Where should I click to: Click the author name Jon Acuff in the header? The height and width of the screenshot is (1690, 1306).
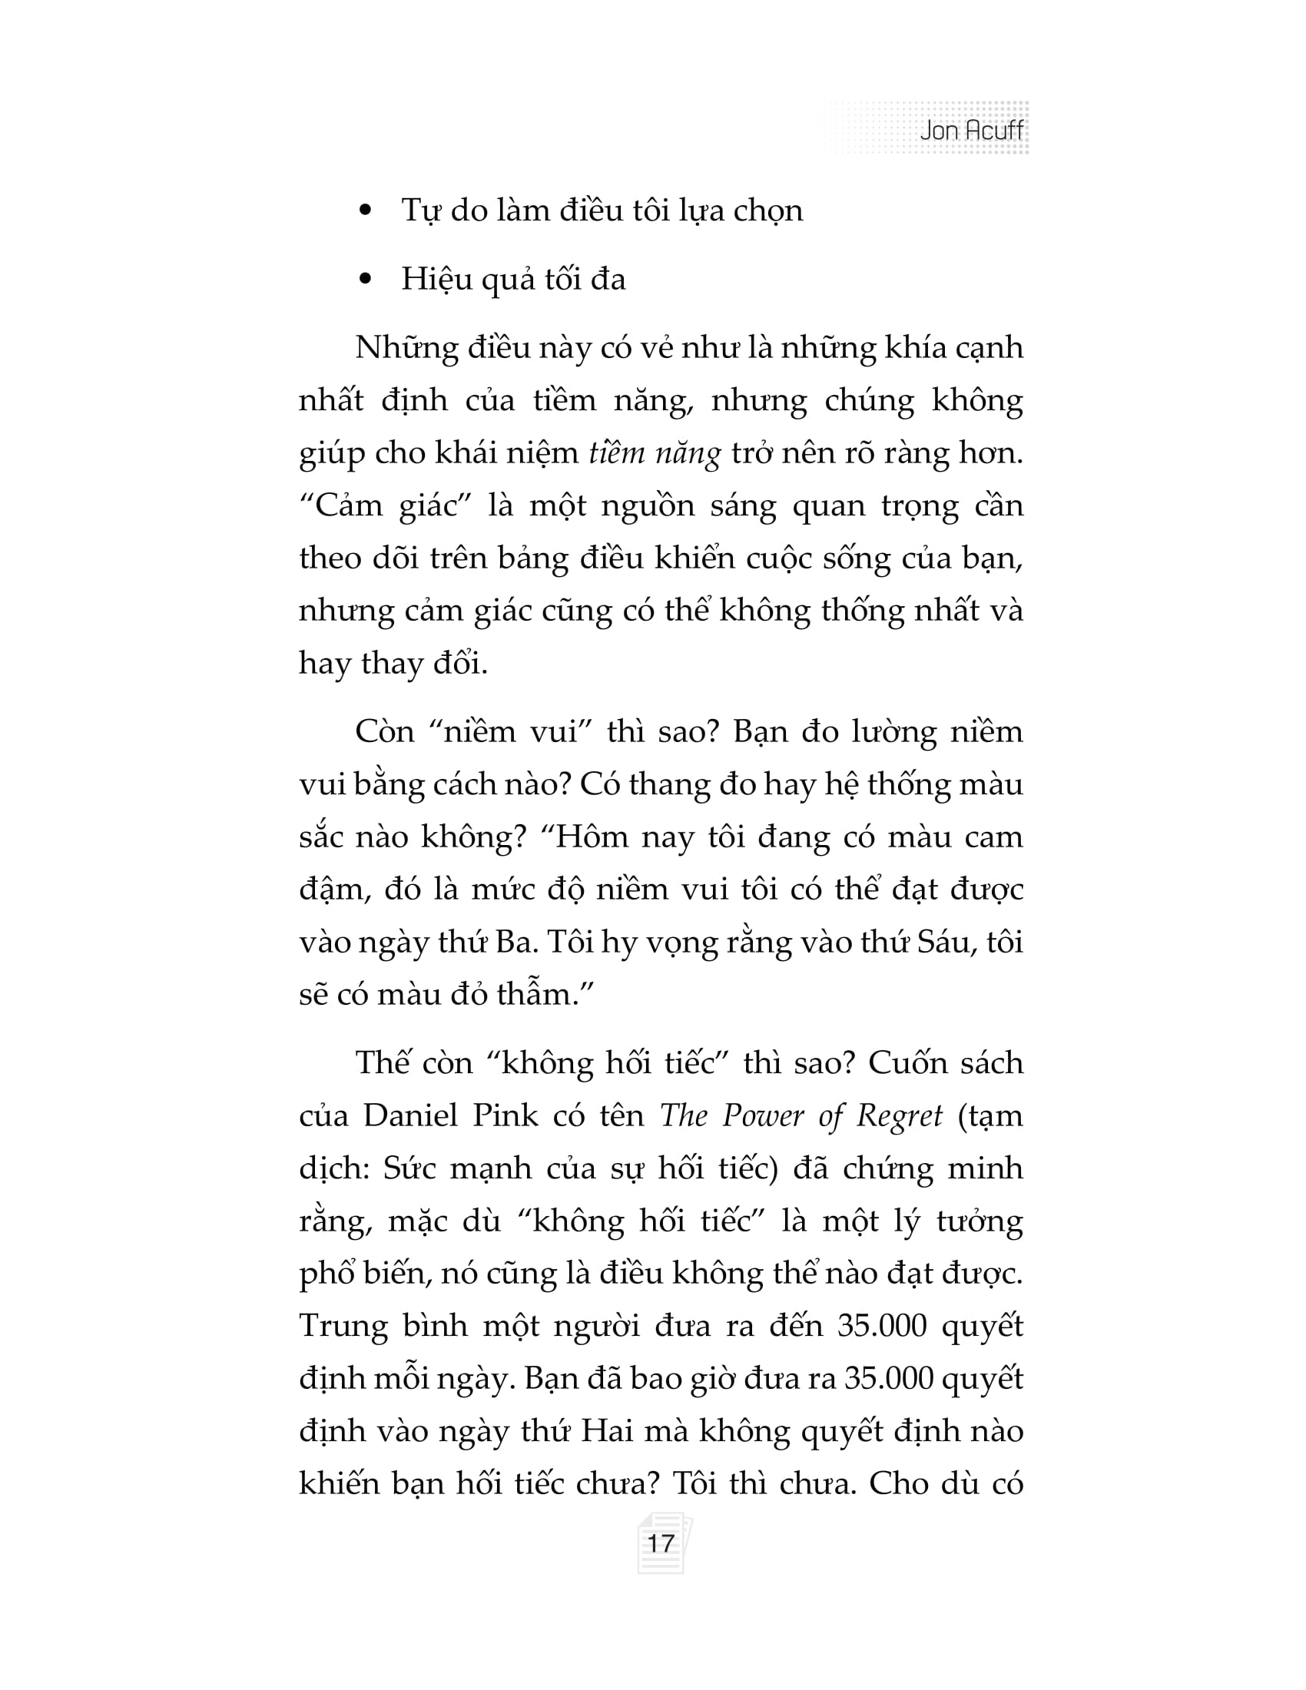tap(971, 130)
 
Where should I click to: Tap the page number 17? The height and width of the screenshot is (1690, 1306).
tap(660, 1544)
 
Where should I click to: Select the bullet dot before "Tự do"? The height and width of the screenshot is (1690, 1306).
tap(366, 210)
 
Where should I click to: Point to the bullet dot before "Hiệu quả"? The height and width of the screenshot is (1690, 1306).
tap(366, 280)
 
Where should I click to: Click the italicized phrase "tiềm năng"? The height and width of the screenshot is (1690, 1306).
tap(655, 452)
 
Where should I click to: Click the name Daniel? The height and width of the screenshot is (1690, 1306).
tap(412, 1116)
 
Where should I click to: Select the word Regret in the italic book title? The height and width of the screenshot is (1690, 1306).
tap(899, 1116)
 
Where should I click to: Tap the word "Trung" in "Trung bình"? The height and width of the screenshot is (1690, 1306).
tap(343, 1327)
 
